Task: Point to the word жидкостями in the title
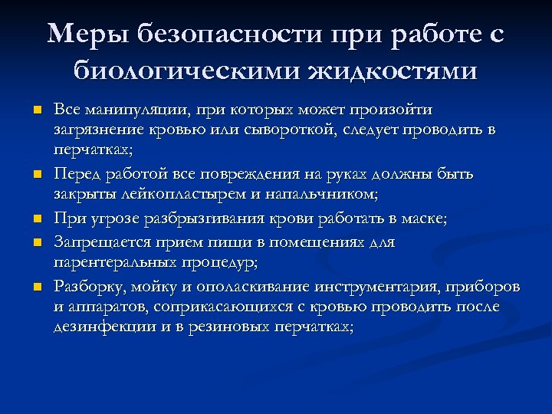coord(392,72)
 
